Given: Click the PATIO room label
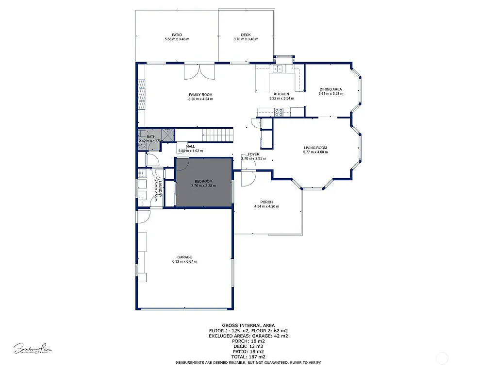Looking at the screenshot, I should click(x=177, y=35).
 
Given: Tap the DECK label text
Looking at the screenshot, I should click(x=246, y=35).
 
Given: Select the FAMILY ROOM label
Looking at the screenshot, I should click(x=200, y=95).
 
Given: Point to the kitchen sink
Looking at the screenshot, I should click(x=278, y=69).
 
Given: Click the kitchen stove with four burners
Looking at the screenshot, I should click(x=279, y=112).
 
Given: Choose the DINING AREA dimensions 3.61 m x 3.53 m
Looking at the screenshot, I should click(x=331, y=94).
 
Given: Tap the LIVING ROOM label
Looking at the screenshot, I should click(x=315, y=148).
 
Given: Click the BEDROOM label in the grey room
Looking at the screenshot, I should click(x=204, y=181).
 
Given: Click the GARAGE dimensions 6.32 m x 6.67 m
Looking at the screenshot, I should click(x=184, y=262).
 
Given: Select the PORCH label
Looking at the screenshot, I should click(x=266, y=202).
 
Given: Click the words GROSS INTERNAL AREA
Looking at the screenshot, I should click(x=248, y=325).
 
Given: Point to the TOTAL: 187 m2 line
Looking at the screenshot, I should click(x=248, y=356).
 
